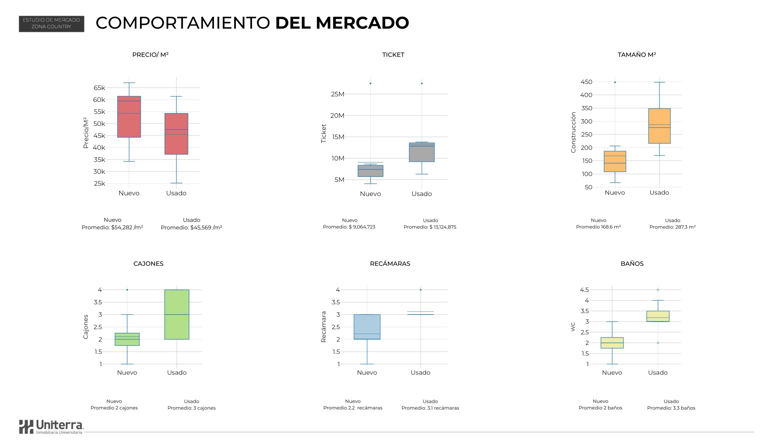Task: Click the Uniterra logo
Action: click(x=51, y=427)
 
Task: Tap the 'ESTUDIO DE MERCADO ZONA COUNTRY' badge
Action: click(x=51, y=24)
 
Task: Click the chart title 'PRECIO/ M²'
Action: click(x=150, y=55)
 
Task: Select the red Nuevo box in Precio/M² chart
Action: click(x=129, y=117)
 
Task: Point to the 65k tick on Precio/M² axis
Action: click(x=99, y=88)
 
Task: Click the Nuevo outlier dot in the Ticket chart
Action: click(x=370, y=83)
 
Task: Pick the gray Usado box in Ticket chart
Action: click(x=422, y=152)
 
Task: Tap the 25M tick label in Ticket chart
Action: click(x=337, y=94)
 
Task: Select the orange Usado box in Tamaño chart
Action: click(x=659, y=126)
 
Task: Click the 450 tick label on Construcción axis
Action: click(x=586, y=82)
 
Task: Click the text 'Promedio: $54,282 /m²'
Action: click(x=112, y=228)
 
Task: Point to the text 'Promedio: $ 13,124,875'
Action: click(x=430, y=227)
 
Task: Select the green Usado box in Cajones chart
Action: click(x=177, y=315)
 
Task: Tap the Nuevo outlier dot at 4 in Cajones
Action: click(x=127, y=290)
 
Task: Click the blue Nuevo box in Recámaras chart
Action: click(x=367, y=327)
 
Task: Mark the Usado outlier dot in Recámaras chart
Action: click(x=420, y=290)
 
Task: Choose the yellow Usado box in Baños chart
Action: click(x=658, y=316)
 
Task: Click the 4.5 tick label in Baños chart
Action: click(x=584, y=290)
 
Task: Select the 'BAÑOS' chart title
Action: click(x=632, y=264)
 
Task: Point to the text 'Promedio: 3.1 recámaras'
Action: click(x=430, y=408)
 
